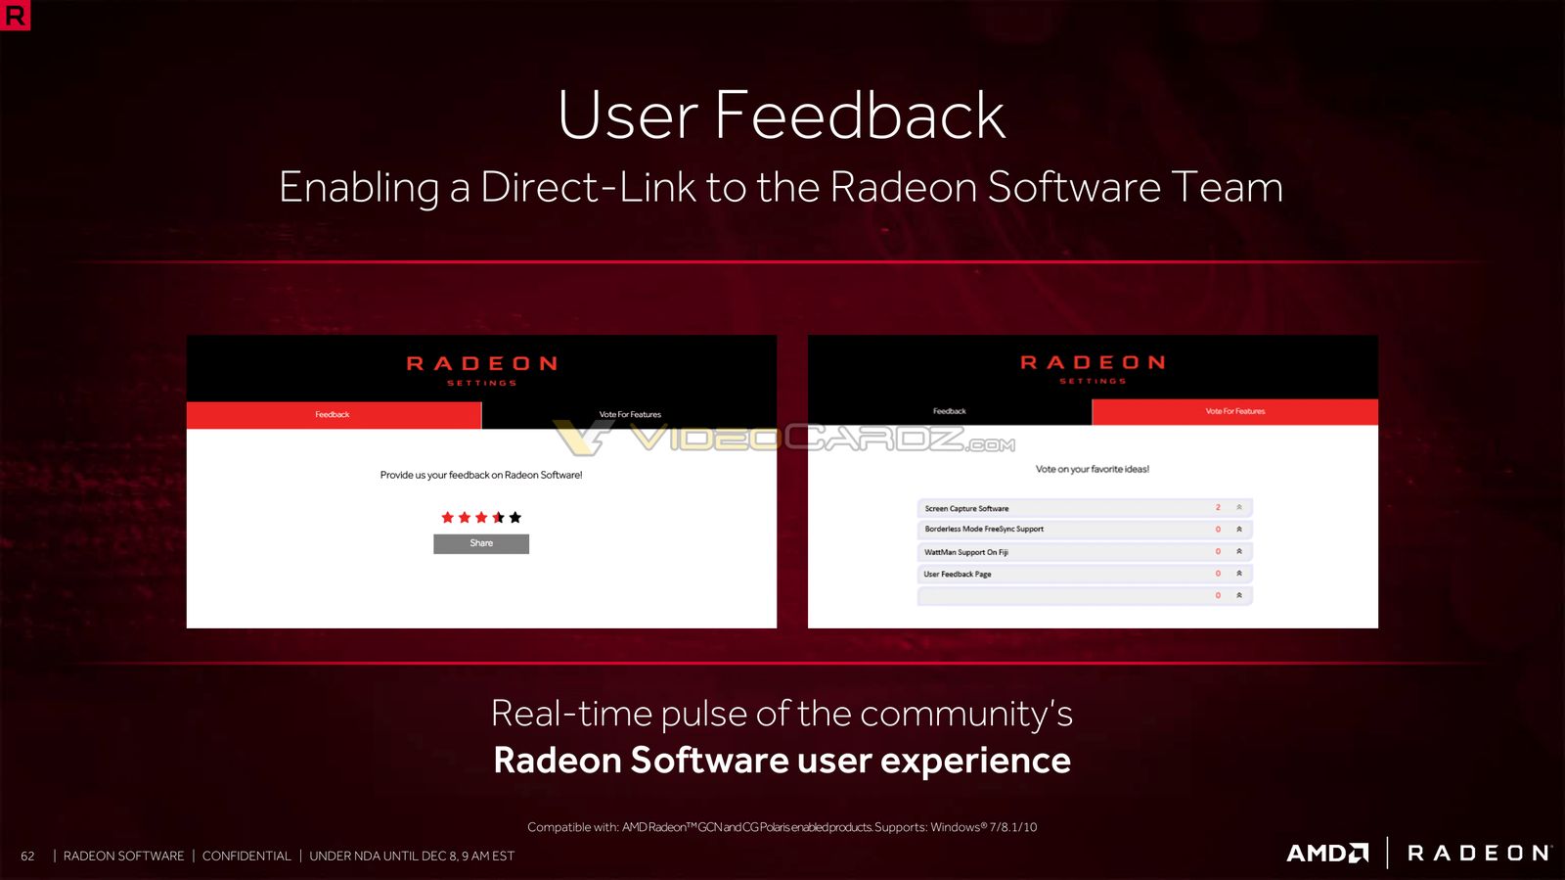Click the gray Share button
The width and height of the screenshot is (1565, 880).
(480, 544)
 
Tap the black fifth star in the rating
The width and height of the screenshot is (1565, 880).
(515, 517)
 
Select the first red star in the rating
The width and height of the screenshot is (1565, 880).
(448, 517)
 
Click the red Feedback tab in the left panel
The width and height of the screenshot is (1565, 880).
(334, 414)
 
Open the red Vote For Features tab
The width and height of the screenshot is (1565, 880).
(1234, 412)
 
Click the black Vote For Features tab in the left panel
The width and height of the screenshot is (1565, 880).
(630, 414)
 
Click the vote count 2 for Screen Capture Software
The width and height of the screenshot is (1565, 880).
(1218, 507)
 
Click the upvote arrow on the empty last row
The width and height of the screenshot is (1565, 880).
(1238, 595)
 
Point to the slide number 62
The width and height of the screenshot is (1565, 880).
(27, 857)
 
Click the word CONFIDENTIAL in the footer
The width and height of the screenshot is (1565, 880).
(246, 857)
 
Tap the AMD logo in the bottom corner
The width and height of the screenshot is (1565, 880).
(1327, 853)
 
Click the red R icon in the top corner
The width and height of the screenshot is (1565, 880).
(15, 15)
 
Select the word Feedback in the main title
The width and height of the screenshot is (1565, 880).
(860, 116)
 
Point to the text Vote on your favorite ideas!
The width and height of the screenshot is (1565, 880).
(1092, 469)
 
